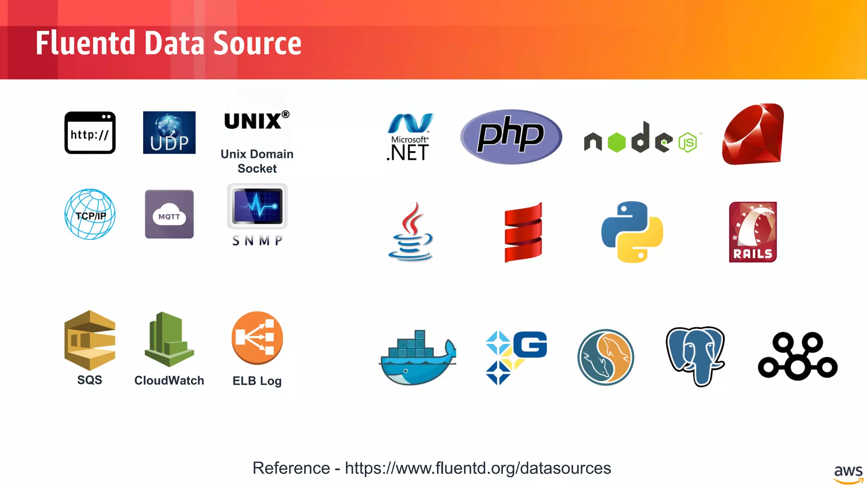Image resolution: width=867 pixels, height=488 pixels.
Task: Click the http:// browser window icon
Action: (90, 133)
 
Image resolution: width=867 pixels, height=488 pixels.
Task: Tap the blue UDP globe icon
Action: (169, 133)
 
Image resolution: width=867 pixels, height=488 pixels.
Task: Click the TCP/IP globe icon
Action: (90, 214)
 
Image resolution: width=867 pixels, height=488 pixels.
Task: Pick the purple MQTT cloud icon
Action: (169, 214)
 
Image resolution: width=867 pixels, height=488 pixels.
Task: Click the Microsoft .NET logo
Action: (409, 137)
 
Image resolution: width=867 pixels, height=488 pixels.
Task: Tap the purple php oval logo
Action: (511, 136)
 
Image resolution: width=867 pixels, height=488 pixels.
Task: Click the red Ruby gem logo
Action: (753, 134)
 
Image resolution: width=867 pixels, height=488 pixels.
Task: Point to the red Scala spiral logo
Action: (523, 232)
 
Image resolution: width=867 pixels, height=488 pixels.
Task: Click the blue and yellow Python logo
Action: (632, 232)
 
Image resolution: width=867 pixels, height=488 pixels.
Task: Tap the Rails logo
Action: (753, 232)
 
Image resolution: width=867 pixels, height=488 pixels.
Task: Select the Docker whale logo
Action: (417, 358)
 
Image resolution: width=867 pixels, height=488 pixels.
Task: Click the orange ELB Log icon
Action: (257, 338)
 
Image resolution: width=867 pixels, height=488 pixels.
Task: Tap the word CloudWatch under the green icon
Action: (169, 380)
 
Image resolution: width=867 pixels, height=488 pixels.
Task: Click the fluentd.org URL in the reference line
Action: (478, 468)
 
